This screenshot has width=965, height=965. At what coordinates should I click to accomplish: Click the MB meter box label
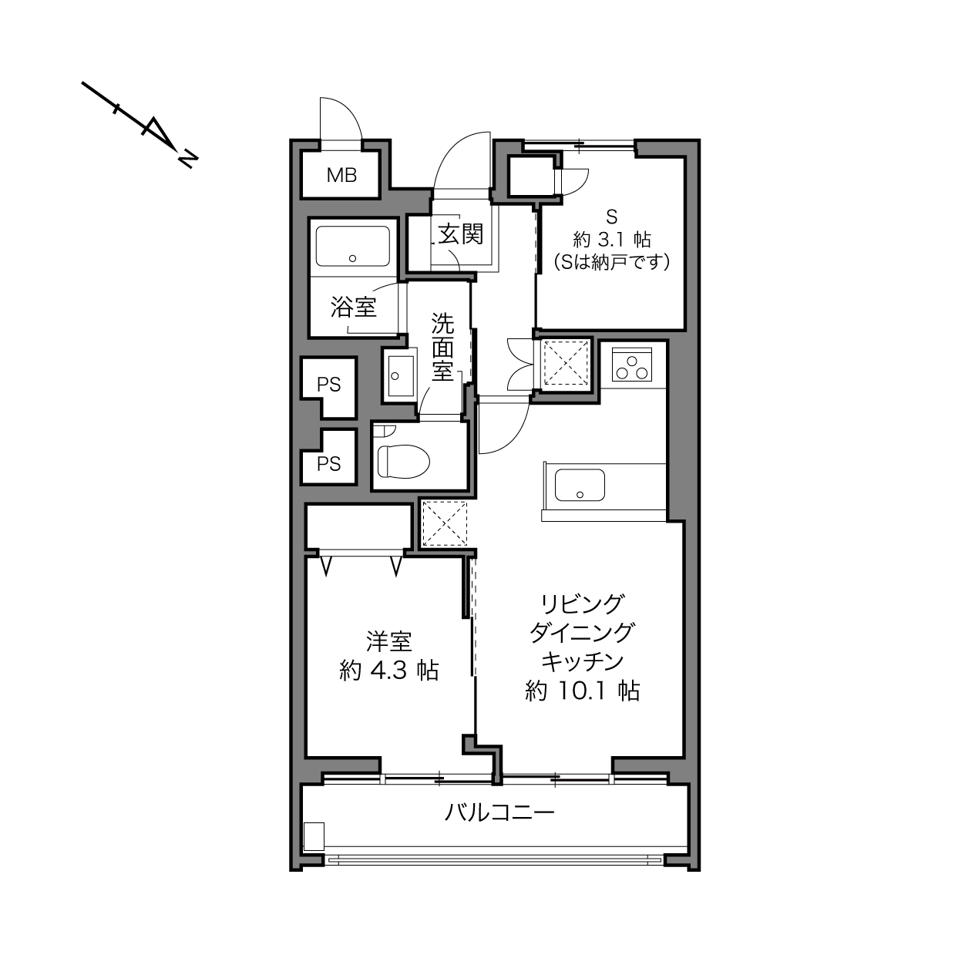point(341,175)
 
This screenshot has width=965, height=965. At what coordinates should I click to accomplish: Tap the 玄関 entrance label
point(460,234)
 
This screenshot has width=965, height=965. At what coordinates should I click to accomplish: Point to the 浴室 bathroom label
point(354,307)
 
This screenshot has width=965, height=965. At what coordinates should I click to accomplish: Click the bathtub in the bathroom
point(352,247)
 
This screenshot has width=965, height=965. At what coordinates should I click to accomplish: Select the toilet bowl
point(404,461)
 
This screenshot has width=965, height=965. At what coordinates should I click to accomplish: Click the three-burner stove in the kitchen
point(632,364)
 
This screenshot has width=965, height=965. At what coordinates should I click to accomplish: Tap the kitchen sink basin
point(580,485)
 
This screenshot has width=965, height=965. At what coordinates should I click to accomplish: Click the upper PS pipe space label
point(328,385)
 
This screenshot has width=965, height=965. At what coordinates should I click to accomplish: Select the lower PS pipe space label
point(328,464)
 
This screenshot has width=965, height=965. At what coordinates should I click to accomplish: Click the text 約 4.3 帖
point(389,671)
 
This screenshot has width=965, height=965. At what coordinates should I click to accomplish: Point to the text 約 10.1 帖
point(583,691)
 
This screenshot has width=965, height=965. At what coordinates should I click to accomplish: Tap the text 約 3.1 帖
point(612,240)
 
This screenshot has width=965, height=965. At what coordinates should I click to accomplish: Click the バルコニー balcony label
point(499,812)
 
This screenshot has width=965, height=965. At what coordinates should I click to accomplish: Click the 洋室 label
point(389,641)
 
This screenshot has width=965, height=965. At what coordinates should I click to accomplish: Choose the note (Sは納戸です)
point(611,262)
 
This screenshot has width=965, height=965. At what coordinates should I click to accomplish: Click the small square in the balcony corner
point(314,836)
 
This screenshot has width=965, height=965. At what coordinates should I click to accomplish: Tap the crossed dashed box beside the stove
point(566,363)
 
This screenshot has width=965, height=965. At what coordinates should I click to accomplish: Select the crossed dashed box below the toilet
point(444,523)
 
